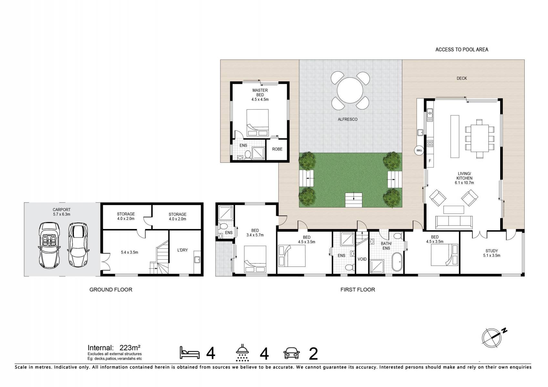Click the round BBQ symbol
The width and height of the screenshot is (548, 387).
click(419, 150)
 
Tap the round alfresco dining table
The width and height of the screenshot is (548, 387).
click(350, 90)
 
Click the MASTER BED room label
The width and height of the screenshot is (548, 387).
click(260, 95)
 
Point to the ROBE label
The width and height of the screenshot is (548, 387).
click(277, 149)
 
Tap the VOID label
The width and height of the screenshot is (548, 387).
click(362, 259)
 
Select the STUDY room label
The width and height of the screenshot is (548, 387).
click(491, 253)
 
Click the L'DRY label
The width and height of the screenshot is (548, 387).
click(182, 250)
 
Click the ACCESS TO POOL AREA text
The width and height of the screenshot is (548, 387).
click(461, 49)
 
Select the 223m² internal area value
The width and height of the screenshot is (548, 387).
click(130, 348)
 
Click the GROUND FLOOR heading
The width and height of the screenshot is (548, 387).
click(111, 290)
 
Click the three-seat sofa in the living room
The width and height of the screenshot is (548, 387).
click(454, 222)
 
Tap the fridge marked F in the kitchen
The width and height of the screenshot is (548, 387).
click(429, 161)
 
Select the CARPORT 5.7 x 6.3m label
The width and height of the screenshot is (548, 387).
click(61, 212)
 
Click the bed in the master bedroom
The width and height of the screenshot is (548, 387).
click(257, 123)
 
